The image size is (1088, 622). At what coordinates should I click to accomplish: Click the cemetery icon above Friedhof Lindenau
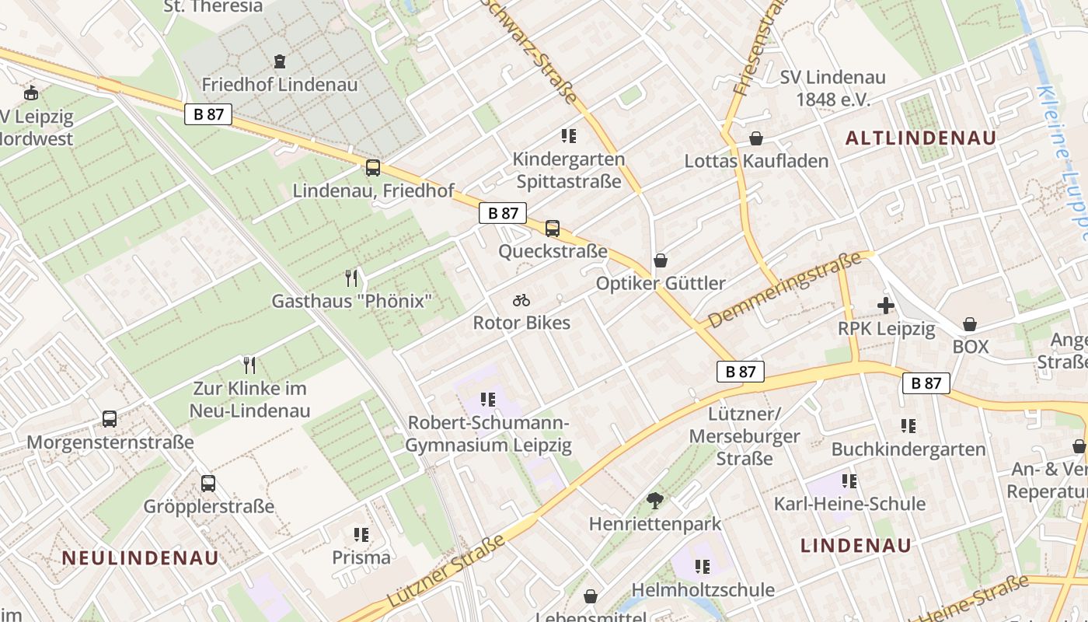coord(280,61)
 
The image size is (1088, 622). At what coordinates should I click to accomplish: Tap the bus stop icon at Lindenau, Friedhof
coord(373,167)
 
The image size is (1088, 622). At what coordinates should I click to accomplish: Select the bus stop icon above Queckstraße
coord(553,228)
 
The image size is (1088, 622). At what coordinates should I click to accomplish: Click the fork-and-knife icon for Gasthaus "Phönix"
coord(351,278)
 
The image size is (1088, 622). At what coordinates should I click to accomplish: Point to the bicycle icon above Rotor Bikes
coord(521,300)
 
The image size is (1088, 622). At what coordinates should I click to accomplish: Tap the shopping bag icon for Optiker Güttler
coord(660,260)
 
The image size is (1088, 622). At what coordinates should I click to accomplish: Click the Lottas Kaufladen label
coord(756,161)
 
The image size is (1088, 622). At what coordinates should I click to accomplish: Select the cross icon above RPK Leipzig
coord(885,306)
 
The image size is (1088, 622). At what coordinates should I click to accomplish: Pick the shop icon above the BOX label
coord(970,323)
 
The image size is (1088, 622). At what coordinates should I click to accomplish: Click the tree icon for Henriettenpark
coord(655,500)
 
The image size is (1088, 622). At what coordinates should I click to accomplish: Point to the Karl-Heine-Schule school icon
coord(849,481)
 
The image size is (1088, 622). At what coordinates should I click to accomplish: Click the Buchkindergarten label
coord(908,449)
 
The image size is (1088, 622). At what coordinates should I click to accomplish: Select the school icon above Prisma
coord(361,534)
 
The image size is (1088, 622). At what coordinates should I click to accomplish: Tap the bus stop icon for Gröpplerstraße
coord(208,483)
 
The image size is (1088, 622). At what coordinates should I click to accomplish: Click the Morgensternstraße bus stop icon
coord(110,419)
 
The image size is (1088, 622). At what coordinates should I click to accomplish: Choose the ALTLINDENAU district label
coord(920,138)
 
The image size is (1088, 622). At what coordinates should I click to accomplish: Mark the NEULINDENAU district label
coord(140,557)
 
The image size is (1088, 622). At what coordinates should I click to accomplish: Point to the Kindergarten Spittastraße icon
coord(569,136)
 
